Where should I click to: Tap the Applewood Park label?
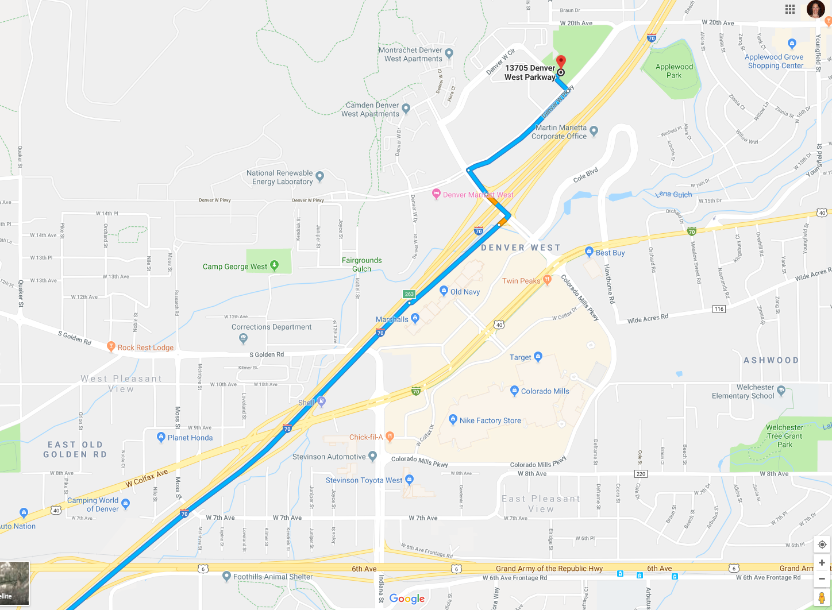point(674,71)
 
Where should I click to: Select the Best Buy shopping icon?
point(589,252)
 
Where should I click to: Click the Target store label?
point(521,357)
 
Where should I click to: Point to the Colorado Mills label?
point(545,391)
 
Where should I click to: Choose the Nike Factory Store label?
point(490,420)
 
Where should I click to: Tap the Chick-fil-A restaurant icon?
point(390,437)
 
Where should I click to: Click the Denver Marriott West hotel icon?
point(436,194)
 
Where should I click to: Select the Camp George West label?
point(235,267)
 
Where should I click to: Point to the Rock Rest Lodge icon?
point(111,346)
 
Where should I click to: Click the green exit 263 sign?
point(409,294)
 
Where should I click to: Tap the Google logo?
point(407,599)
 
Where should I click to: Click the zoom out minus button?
point(822,578)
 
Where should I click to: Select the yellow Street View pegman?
point(822,598)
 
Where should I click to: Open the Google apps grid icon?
point(790,9)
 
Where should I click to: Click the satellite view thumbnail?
point(14,583)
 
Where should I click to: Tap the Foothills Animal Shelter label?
point(273,577)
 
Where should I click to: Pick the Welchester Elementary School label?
point(743,392)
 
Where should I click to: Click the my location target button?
point(822,545)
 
